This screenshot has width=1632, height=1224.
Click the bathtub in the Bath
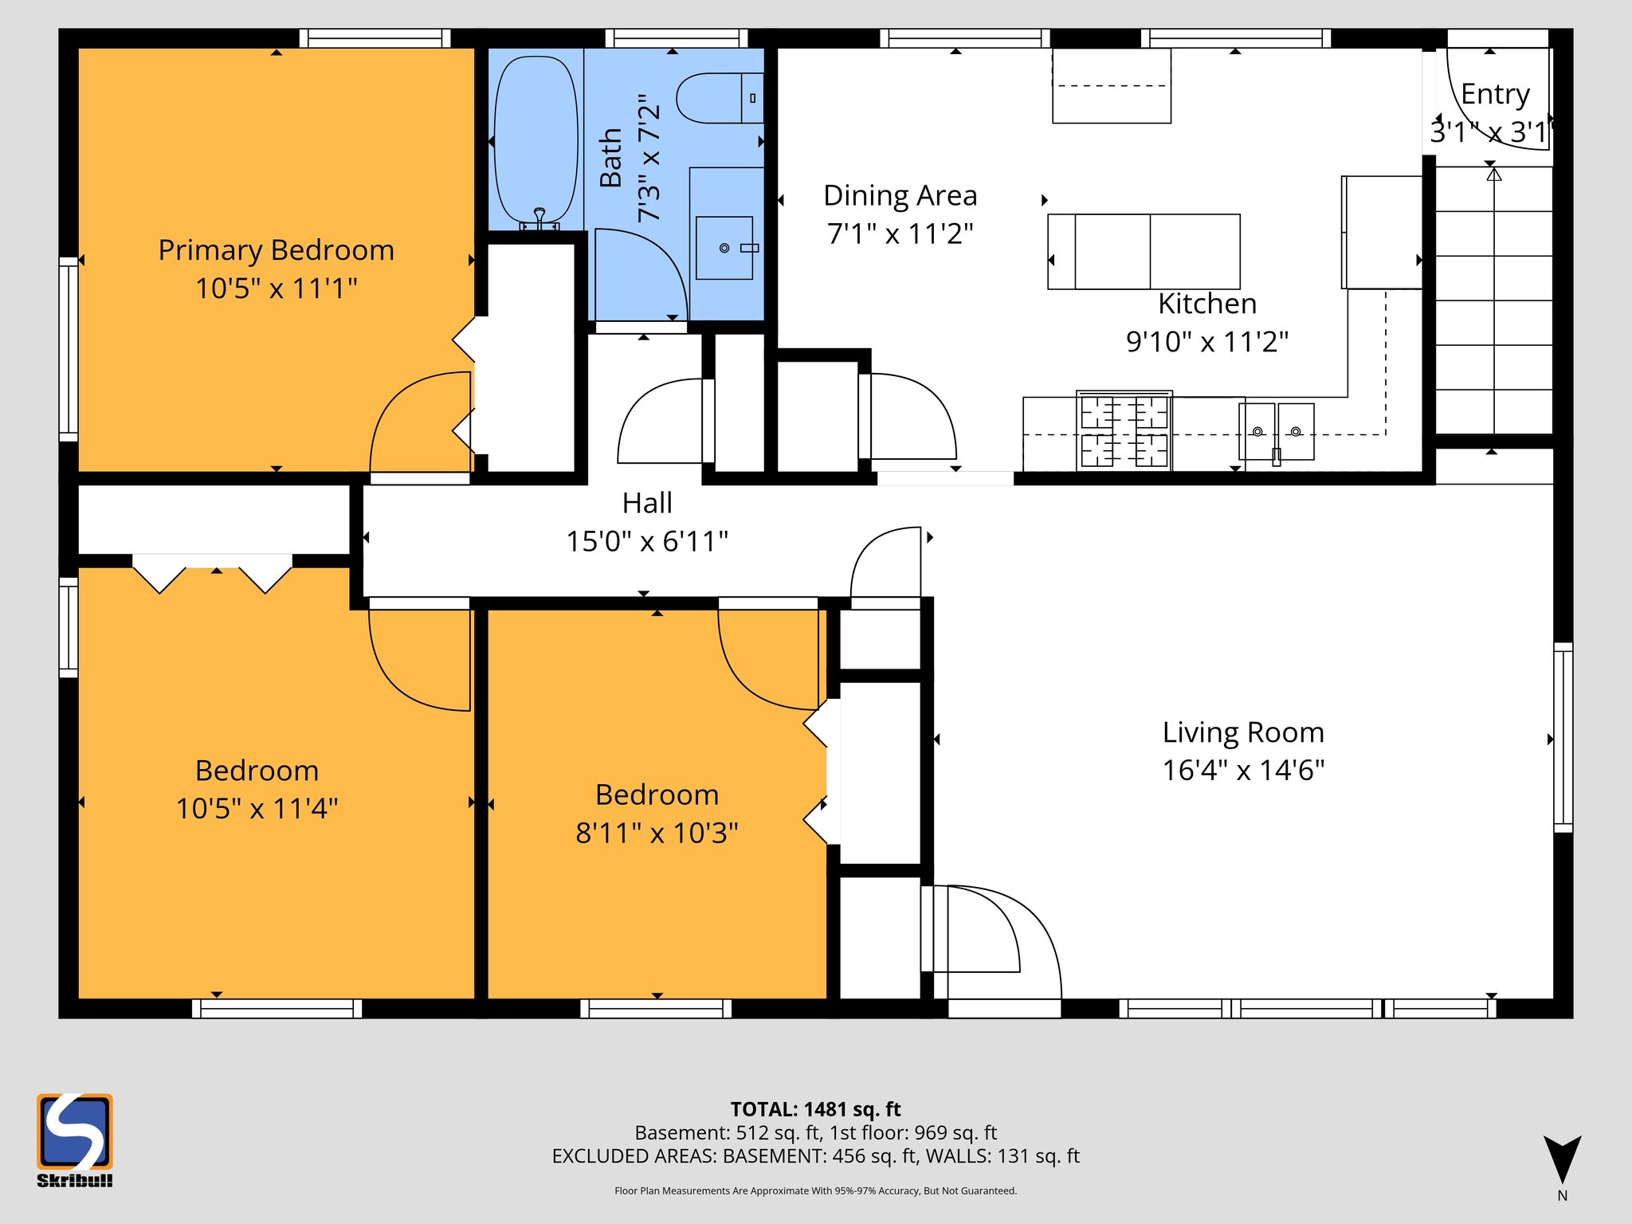tap(535, 139)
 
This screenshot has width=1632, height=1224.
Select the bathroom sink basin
tap(724, 248)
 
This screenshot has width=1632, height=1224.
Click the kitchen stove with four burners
tap(1124, 430)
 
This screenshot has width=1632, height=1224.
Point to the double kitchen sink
tap(1277, 432)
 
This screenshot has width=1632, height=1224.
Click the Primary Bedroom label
tap(276, 250)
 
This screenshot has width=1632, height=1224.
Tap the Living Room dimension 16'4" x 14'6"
tap(1242, 771)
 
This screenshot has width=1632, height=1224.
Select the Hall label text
tap(647, 503)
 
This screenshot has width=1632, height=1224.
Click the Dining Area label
tap(900, 195)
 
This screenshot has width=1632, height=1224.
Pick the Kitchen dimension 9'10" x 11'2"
tap(1206, 342)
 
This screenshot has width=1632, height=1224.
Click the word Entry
tap(1495, 94)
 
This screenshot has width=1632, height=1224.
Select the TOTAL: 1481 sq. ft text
tap(815, 1109)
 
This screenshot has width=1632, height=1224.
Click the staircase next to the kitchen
tap(1493, 303)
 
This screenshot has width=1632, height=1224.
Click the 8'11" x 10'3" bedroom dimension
tap(657, 834)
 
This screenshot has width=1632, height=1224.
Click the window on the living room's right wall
tap(1563, 738)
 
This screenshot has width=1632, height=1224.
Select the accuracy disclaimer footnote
tap(815, 1191)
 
